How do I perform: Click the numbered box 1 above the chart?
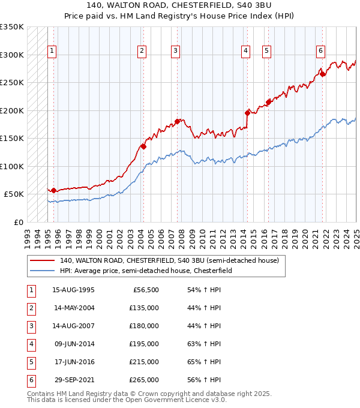pyautogui.click(x=53, y=51)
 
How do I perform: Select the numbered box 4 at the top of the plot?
pyautogui.click(x=246, y=51)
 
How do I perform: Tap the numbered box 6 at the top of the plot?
pyautogui.click(x=321, y=51)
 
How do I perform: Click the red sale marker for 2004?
pyautogui.click(x=143, y=146)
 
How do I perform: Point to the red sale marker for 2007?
pyautogui.click(x=177, y=121)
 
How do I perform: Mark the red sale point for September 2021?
pyautogui.click(x=322, y=74)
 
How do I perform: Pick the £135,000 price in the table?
pyautogui.click(x=145, y=308)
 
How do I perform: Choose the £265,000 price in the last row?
pyautogui.click(x=145, y=380)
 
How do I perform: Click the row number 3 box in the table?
pyautogui.click(x=30, y=326)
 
